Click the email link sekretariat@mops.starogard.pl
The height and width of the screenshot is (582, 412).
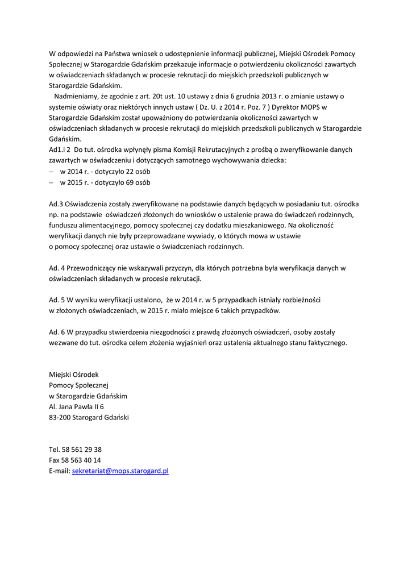pos(120,471)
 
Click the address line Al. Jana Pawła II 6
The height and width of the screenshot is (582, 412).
pos(77,407)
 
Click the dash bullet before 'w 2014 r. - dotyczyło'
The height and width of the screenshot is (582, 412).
pos(52,172)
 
